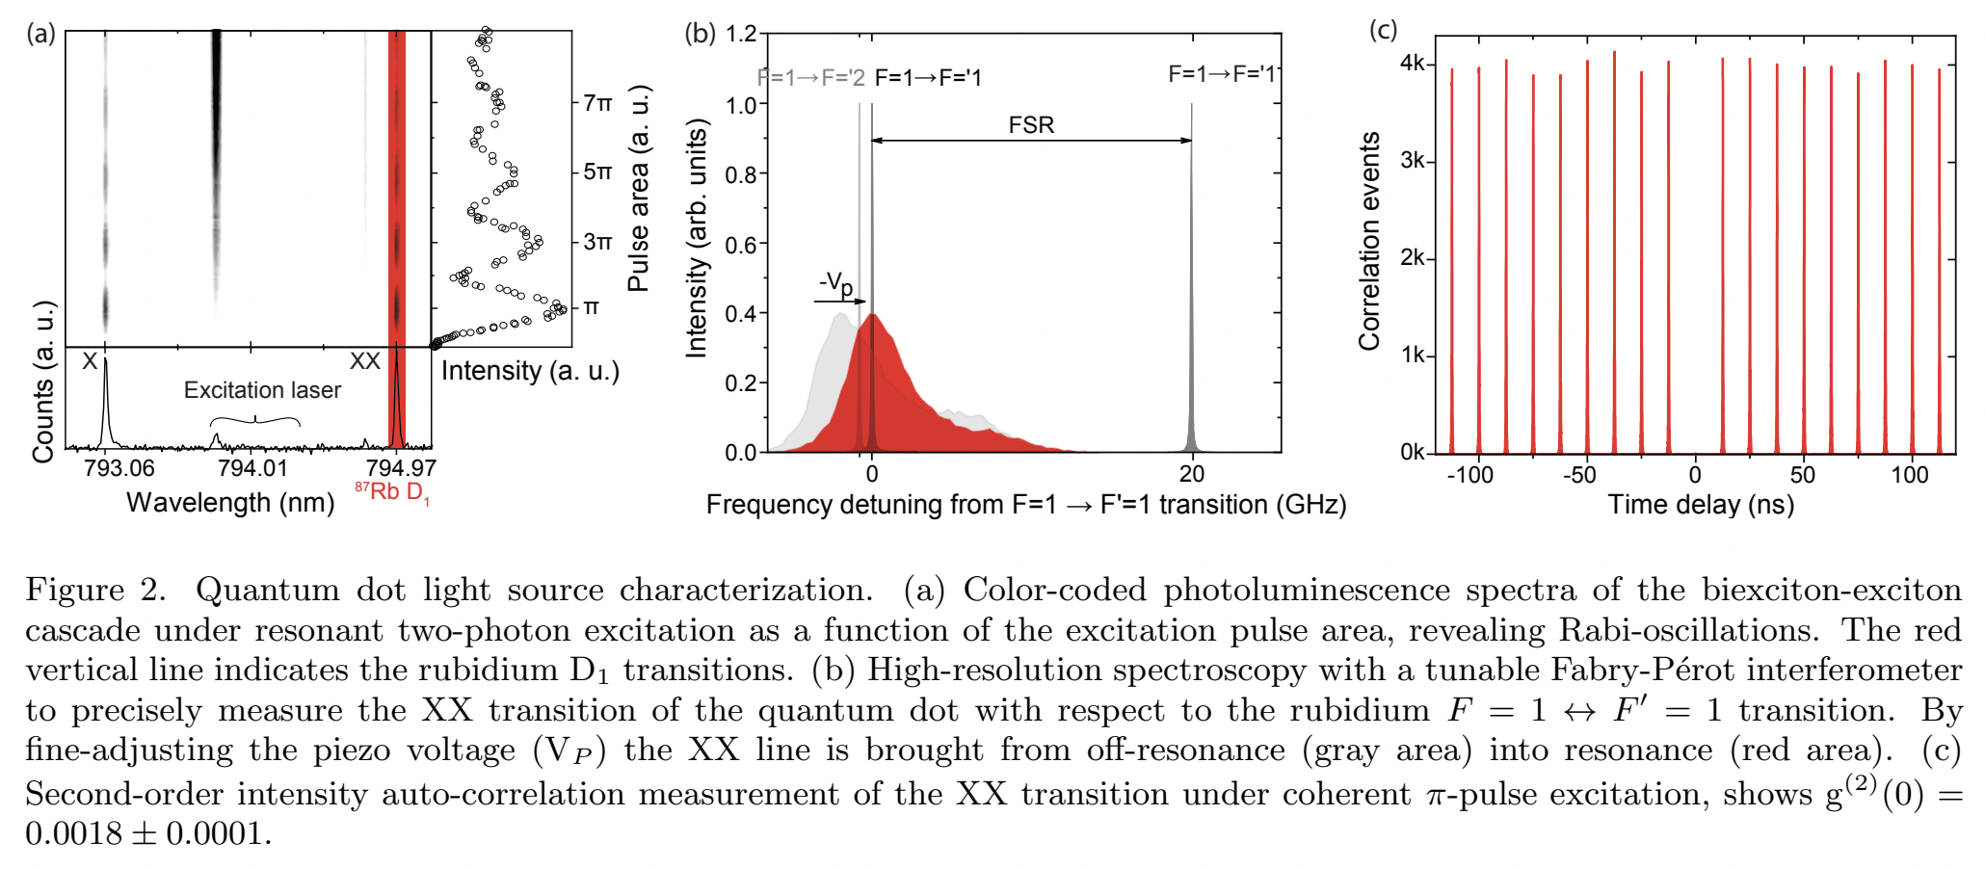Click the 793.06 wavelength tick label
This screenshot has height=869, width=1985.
point(119,468)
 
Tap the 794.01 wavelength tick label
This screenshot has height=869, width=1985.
point(252,468)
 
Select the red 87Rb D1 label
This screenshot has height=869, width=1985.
point(392,492)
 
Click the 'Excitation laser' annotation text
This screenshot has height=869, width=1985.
point(262,390)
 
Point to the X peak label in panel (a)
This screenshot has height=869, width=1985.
point(90,361)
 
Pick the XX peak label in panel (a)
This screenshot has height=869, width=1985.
point(364,361)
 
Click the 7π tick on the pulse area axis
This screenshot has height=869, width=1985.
point(597,102)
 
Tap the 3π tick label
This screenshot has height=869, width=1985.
point(597,242)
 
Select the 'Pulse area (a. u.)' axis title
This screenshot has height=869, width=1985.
point(639,189)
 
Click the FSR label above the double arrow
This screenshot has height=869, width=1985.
point(1031,125)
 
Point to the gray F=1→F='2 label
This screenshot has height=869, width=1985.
point(810,77)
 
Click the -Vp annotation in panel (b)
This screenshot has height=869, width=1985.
point(835,283)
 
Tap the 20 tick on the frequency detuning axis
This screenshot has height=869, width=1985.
point(1192,474)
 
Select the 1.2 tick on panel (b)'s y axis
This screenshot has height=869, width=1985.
point(741,35)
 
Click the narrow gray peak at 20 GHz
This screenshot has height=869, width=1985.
point(1192,424)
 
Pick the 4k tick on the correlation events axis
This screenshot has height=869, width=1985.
point(1412,64)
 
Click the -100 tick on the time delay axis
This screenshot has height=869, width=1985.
point(1469,475)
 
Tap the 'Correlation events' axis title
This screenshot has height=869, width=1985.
point(1368,241)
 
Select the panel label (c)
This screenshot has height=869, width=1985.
point(1383,30)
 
